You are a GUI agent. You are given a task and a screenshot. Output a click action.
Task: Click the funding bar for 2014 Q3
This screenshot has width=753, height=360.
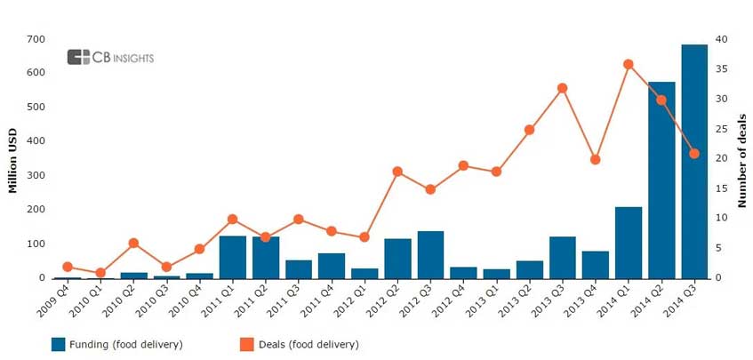(694, 161)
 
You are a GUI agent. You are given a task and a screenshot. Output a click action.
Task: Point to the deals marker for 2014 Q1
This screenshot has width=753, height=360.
(629, 64)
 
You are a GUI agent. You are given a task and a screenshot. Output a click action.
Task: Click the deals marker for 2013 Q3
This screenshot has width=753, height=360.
(562, 88)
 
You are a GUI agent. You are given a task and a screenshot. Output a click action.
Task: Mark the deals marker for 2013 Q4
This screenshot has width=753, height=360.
(596, 159)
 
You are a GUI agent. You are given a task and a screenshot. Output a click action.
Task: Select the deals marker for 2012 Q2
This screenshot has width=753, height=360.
(397, 172)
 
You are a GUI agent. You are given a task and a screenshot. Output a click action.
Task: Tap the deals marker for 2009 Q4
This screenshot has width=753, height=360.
(68, 267)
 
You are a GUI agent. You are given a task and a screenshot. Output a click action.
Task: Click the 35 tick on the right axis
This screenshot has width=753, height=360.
(723, 68)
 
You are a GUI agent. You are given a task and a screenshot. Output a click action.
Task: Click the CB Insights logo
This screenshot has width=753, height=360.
(110, 58)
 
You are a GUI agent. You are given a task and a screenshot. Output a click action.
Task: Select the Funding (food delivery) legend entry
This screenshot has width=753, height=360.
(116, 344)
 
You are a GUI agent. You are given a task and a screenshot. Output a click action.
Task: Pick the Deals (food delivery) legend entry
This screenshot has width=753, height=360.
(299, 344)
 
